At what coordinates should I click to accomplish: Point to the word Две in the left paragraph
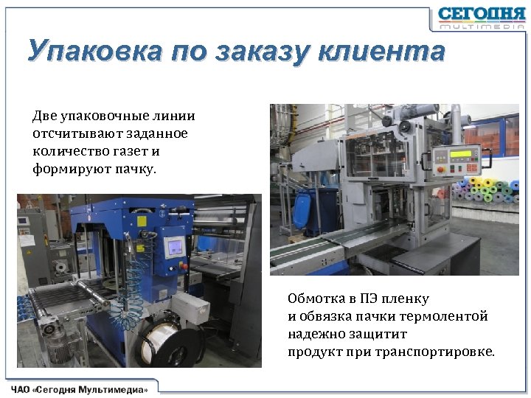(x=44, y=116)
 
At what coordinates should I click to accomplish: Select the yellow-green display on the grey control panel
(x=459, y=154)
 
